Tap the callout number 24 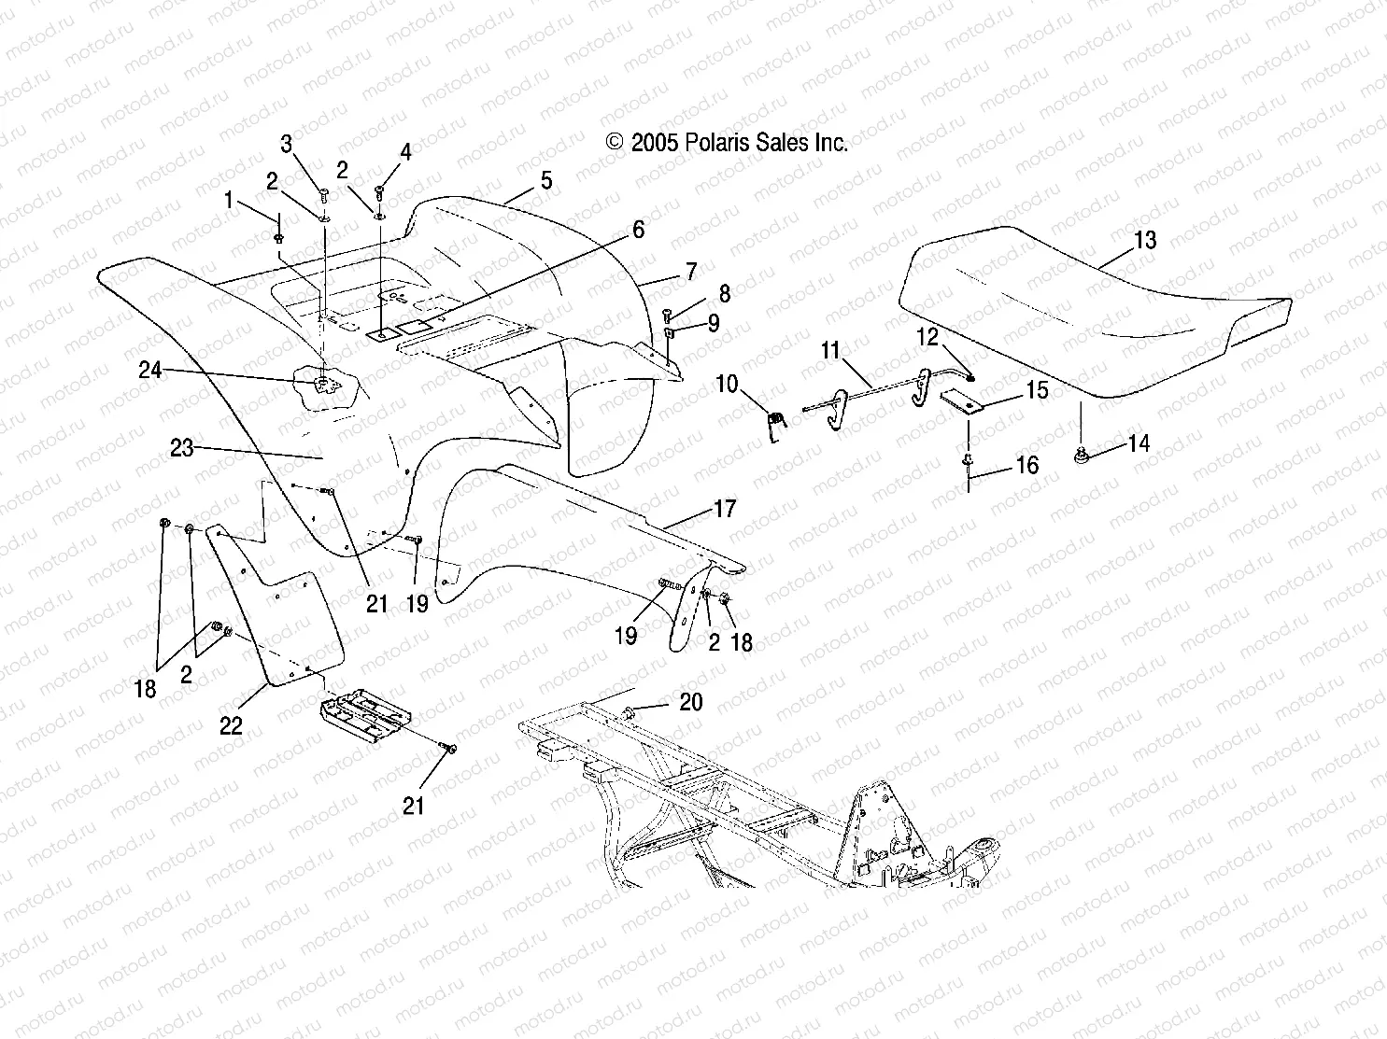click(x=150, y=371)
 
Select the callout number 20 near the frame click(x=690, y=702)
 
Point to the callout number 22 click(x=231, y=725)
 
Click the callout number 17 click(x=725, y=509)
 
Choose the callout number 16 click(x=1026, y=464)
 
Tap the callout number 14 click(x=1139, y=443)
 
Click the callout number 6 click(x=638, y=230)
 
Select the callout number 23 click(x=181, y=448)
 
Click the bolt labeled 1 click(x=279, y=239)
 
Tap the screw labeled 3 click(x=324, y=195)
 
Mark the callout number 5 click(x=545, y=180)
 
